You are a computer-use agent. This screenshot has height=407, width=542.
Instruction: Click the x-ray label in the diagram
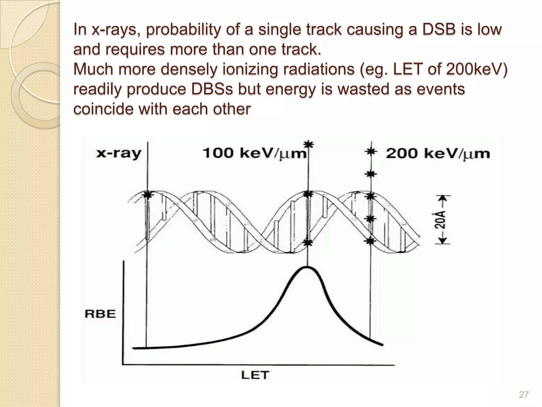pos(119,154)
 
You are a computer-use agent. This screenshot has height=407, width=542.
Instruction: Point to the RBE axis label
pos(100,314)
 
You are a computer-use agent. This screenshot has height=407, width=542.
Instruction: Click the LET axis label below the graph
pos(255,375)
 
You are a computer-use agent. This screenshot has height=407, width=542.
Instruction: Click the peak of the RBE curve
pos(307,268)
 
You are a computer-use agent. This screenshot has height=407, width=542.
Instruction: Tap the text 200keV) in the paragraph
pos(476,69)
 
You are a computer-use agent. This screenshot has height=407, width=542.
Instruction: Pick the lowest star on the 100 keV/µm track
pos(308,242)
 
